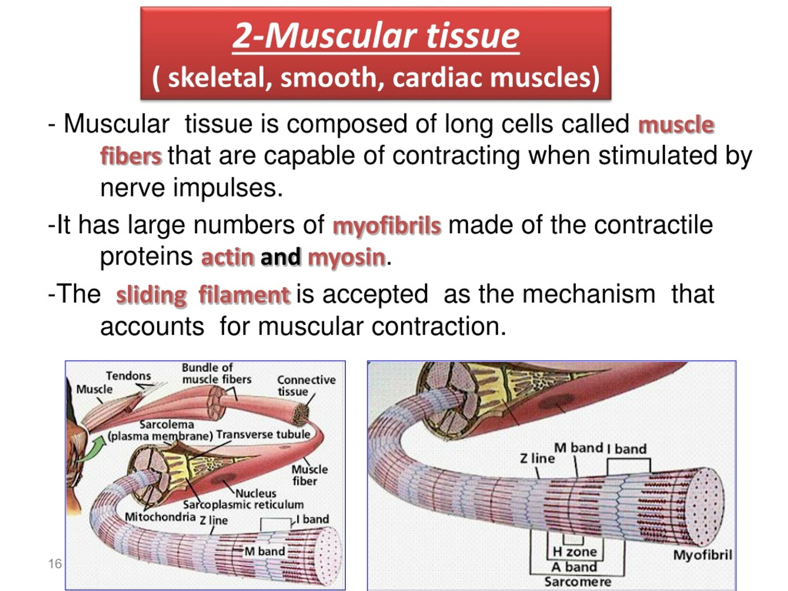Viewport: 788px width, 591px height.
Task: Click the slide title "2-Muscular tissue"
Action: click(376, 36)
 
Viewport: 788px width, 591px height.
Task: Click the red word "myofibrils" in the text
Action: click(387, 226)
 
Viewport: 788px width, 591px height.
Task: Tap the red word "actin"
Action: click(228, 257)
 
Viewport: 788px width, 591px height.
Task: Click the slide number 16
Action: click(55, 564)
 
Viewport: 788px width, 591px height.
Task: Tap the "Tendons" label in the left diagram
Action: click(128, 376)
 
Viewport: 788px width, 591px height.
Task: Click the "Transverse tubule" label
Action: click(263, 435)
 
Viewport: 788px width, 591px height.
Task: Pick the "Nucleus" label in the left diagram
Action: click(256, 493)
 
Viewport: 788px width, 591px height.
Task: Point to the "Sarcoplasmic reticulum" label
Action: click(243, 505)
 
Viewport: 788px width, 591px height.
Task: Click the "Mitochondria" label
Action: click(160, 517)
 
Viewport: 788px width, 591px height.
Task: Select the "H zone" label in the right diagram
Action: click(574, 552)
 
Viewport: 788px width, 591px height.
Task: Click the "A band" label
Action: click(574, 567)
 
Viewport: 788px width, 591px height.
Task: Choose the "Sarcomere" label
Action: click(578, 582)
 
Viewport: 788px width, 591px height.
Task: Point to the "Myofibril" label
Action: click(702, 555)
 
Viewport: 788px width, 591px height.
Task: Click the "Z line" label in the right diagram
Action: click(537, 458)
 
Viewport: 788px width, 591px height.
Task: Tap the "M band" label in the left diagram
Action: click(265, 552)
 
